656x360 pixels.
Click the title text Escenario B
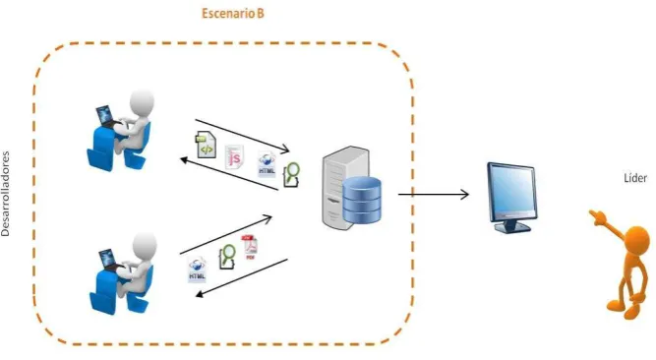pyautogui.click(x=233, y=14)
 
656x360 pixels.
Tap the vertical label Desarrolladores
pyautogui.click(x=6, y=194)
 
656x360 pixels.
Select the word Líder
pyautogui.click(x=635, y=178)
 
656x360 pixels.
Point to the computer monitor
pyautogui.click(x=511, y=197)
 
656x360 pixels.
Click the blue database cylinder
pyautogui.click(x=362, y=200)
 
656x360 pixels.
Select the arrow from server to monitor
pyautogui.click(x=434, y=194)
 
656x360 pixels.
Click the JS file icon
pyautogui.click(x=234, y=157)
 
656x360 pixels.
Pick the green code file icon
pyautogui.click(x=206, y=145)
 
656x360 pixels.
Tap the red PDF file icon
pyautogui.click(x=250, y=248)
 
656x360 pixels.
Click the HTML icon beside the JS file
pyautogui.click(x=267, y=164)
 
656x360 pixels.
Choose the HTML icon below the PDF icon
pyautogui.click(x=197, y=270)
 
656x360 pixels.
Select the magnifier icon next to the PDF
pyautogui.click(x=227, y=256)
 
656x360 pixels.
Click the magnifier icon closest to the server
pyautogui.click(x=291, y=174)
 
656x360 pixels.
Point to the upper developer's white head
pyautogui.click(x=142, y=101)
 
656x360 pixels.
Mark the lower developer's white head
pyautogui.click(x=145, y=246)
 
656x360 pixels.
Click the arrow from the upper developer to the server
pyautogui.click(x=242, y=136)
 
